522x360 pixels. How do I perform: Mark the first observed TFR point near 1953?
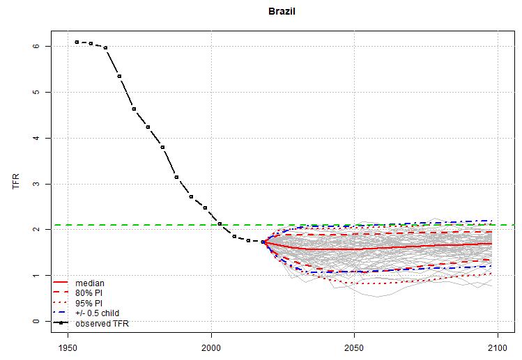(77, 42)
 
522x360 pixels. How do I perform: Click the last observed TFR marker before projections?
(263, 242)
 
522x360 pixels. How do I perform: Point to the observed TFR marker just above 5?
(119, 76)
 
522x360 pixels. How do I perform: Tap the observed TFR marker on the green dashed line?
(220, 224)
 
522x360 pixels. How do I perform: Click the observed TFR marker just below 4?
(162, 147)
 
